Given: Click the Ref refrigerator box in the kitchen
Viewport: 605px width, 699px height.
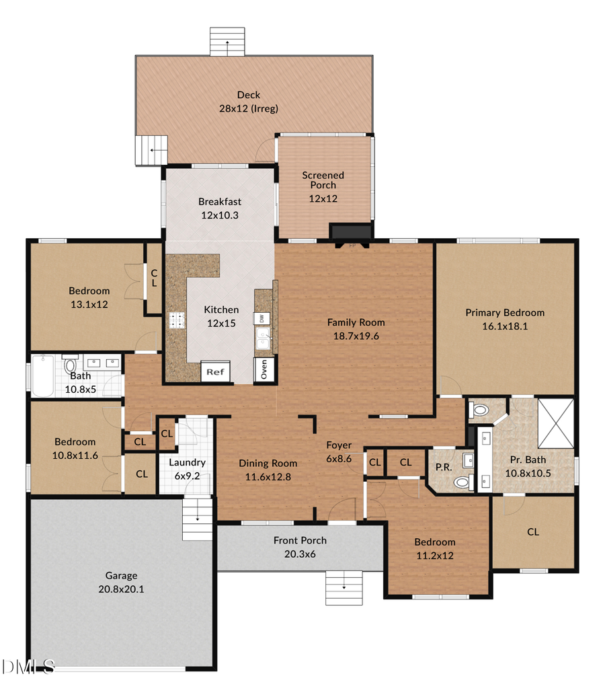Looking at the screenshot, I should pos(215,371).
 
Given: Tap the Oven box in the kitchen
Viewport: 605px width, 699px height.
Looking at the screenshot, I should pos(264,369).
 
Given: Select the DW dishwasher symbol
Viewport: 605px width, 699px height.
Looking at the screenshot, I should pos(261,318).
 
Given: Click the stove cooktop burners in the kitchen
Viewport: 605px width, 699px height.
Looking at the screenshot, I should pos(177,320).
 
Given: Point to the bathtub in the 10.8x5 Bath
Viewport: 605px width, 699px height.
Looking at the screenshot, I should pos(44,376).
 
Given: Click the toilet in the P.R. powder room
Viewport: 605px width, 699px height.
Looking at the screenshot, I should pos(461,482).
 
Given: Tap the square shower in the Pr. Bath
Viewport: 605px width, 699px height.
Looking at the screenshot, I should pos(555,422).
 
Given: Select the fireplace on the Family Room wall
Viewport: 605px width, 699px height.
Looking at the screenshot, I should pos(350,232).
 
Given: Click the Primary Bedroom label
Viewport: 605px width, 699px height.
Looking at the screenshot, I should pos(505,312).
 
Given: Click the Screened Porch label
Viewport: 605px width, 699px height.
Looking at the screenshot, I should pos(323,180).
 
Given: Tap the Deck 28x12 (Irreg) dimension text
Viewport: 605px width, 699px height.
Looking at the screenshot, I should pos(249,108).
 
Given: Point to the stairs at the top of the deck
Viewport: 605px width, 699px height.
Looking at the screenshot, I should pos(227,42).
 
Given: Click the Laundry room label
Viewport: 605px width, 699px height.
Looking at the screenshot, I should pos(187,463).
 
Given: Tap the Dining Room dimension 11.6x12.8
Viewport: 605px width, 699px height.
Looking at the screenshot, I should pos(268,476).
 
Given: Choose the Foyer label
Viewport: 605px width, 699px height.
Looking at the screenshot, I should pos(339,445).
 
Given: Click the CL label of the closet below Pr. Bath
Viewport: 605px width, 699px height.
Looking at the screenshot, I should pos(532,531).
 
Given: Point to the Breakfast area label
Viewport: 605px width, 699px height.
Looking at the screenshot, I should pos(219,201).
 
